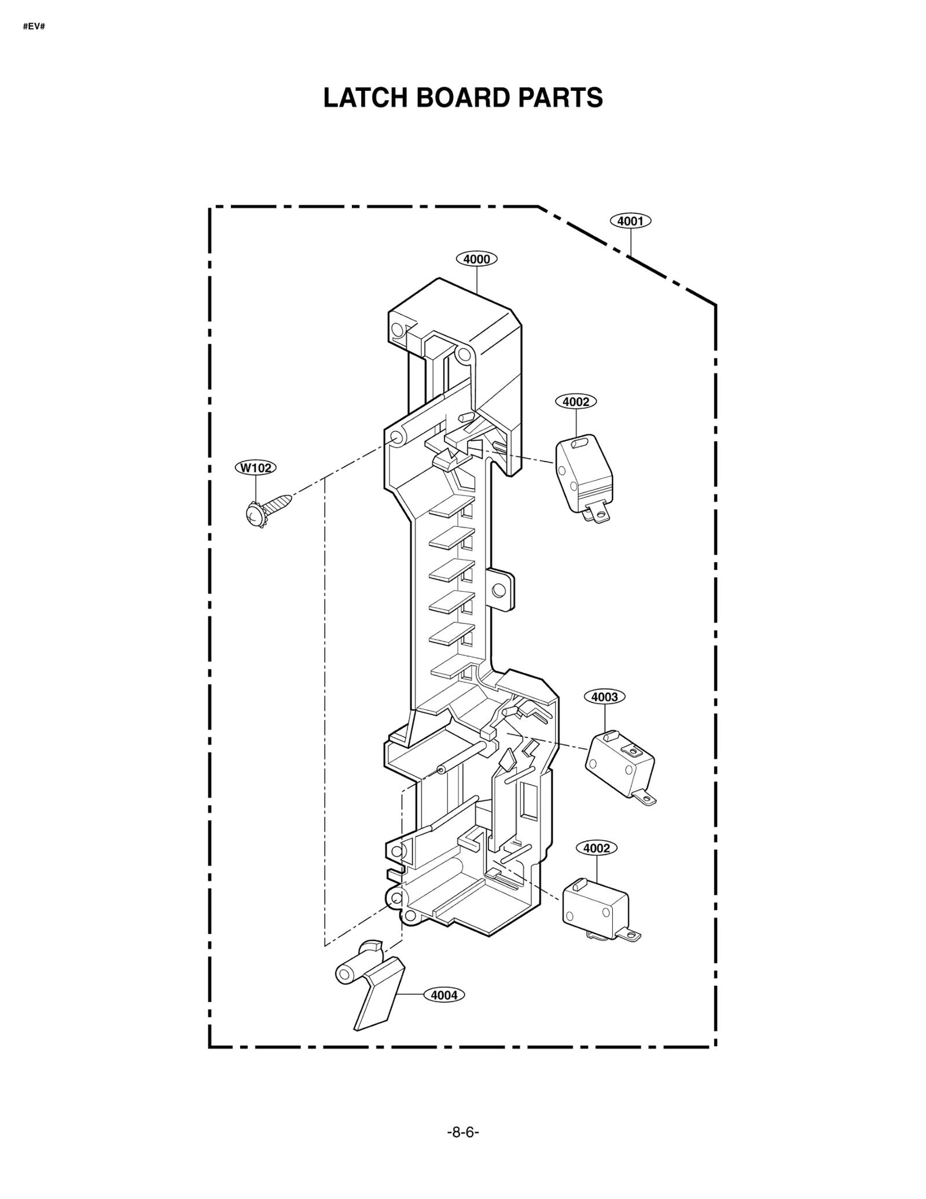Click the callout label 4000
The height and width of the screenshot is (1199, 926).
[x=476, y=259]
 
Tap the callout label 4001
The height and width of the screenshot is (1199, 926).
[x=630, y=221]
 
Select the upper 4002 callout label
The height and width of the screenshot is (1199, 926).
[x=575, y=401]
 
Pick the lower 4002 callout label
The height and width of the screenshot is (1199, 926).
[x=596, y=848]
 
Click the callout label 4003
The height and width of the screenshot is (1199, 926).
[x=604, y=697]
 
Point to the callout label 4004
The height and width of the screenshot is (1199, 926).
[x=444, y=995]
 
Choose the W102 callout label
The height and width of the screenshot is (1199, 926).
[x=255, y=467]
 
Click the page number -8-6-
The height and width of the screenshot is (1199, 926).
[x=463, y=1132]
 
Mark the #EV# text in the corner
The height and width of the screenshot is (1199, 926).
[x=34, y=27]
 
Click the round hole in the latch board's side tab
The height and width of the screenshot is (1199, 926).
[x=498, y=590]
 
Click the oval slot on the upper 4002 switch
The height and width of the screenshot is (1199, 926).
[x=578, y=443]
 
